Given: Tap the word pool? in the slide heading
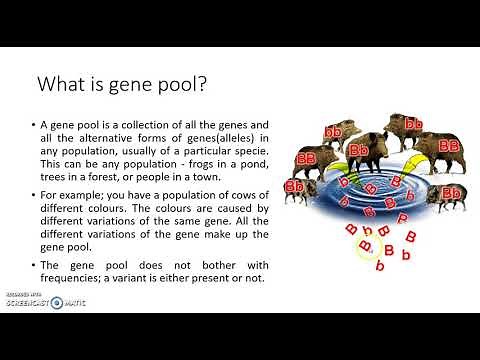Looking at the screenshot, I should (180, 84).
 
